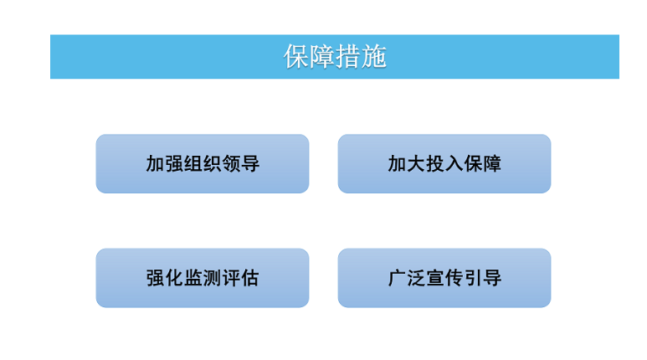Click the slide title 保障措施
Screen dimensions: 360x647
[x=335, y=57]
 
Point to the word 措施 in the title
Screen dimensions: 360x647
[x=361, y=57]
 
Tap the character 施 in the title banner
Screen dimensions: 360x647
[x=374, y=57]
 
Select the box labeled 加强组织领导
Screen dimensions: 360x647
[x=203, y=164]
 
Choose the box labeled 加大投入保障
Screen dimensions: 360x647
[x=444, y=164]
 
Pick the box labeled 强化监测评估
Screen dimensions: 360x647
[x=203, y=278]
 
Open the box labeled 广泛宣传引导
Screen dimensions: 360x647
[x=444, y=278]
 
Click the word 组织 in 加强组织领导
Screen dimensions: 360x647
[x=203, y=164]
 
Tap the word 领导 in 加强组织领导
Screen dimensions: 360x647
[x=241, y=164]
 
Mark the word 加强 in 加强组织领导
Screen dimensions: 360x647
[x=165, y=164]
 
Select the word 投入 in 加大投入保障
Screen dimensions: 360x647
[x=444, y=164]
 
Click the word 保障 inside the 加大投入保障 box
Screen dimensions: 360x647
[x=483, y=164]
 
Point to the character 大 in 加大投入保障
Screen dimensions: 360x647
[x=416, y=164]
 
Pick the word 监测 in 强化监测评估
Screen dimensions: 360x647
[x=203, y=278]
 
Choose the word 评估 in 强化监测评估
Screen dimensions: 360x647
[x=241, y=278]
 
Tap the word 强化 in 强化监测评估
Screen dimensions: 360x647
[x=165, y=278]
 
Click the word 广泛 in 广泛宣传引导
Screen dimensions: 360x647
[x=407, y=278]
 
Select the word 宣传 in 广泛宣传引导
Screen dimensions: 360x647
[x=444, y=278]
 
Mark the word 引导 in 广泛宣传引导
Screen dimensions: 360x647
[x=483, y=278]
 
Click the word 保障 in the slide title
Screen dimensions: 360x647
[x=309, y=57]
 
